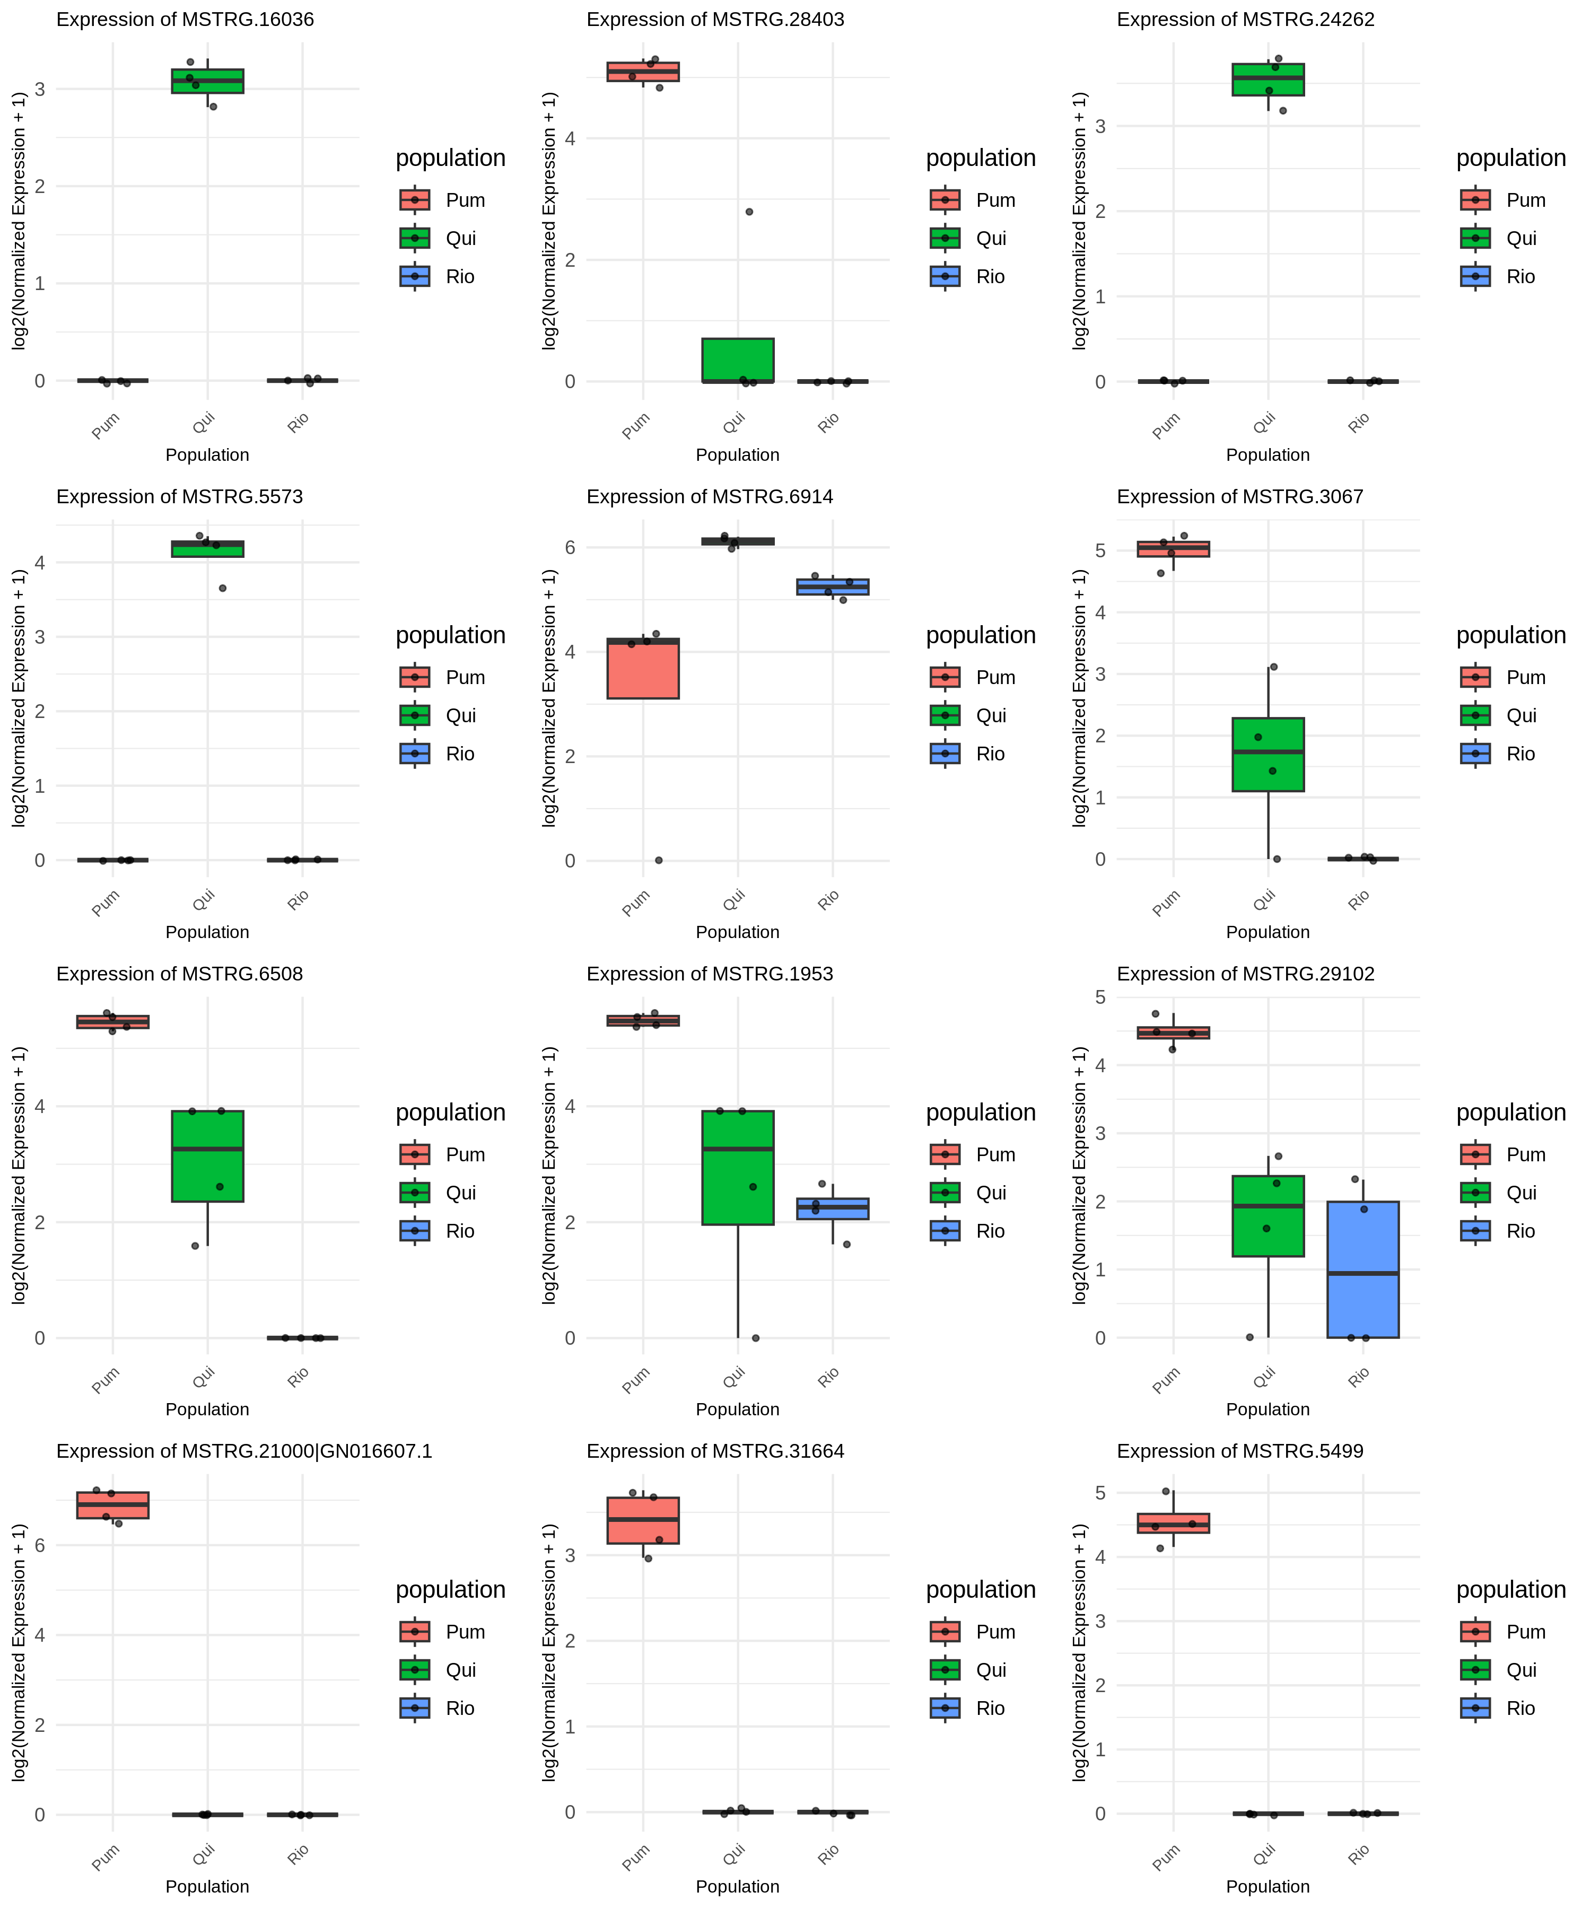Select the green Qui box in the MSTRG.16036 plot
pos(207,81)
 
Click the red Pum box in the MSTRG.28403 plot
pos(643,72)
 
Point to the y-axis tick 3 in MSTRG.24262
pos(1101,126)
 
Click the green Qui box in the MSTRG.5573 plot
pos(207,549)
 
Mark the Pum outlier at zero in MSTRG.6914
pos(658,860)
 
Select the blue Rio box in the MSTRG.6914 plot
pos(832,587)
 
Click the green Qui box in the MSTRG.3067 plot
pos(1267,755)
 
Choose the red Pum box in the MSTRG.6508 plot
pos(113,1022)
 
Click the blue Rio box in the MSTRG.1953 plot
pos(832,1209)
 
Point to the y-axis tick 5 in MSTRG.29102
pos(1101,997)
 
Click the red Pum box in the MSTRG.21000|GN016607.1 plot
pos(113,1504)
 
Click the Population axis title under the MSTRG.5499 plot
pos(1267,1886)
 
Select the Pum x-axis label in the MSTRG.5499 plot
pos(1166,1857)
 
